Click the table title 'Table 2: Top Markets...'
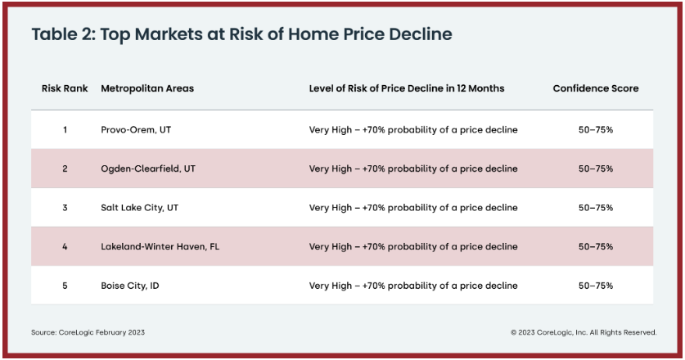241,34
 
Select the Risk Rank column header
65,88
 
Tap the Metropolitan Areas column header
147,88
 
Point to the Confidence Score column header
596,88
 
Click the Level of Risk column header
407,88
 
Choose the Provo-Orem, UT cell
136,130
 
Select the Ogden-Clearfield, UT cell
148,169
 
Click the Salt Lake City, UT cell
139,208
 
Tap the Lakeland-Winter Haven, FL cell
160,246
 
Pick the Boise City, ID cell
130,286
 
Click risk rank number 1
65,130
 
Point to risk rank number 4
65,246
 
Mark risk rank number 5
65,286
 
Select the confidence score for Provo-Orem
596,130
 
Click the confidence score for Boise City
596,286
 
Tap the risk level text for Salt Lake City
413,208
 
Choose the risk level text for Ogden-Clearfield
413,169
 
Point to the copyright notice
584,332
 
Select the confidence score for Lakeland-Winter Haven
596,246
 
